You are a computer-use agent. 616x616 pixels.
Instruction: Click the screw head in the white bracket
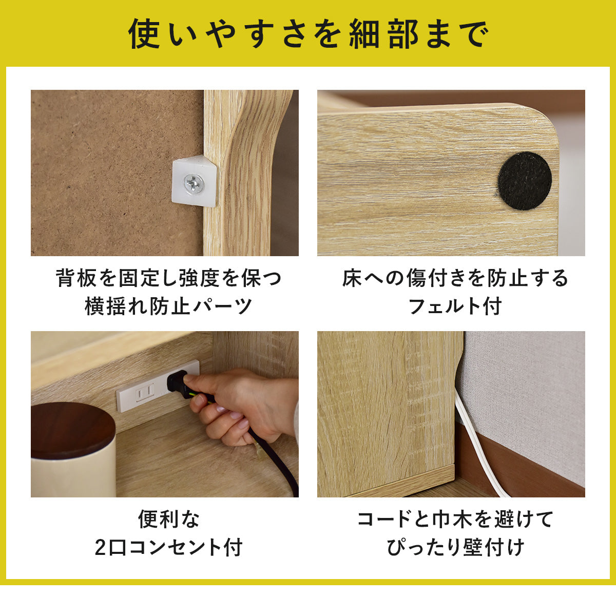tap(194, 184)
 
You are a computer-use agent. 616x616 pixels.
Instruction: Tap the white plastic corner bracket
tap(195, 180)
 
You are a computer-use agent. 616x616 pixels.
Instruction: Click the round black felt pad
tap(525, 181)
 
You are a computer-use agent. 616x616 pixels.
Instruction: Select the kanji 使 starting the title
tap(144, 34)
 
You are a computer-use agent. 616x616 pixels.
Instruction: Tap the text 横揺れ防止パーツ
tap(168, 306)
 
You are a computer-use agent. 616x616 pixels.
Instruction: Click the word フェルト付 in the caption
tap(455, 306)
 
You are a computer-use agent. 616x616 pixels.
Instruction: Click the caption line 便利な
tap(169, 519)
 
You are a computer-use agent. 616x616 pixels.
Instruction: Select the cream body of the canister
tap(73, 473)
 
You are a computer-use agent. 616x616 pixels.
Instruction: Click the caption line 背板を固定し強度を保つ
tap(168, 278)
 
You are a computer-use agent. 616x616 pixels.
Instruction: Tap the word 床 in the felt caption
tap(352, 278)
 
